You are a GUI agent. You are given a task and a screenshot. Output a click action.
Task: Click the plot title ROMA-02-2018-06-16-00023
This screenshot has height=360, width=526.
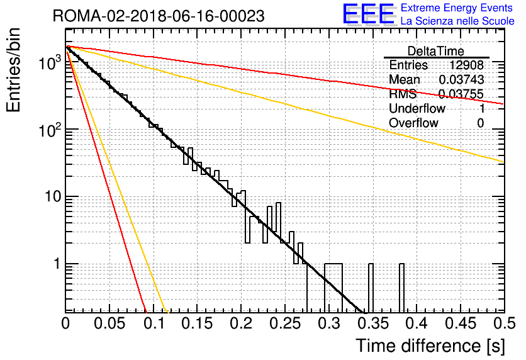tap(159, 16)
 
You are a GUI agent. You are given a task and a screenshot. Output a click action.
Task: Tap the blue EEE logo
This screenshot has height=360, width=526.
tap(369, 14)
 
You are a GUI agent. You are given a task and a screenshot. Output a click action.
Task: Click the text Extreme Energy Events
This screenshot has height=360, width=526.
tap(457, 8)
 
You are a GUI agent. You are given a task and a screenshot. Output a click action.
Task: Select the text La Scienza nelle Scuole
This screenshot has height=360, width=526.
tap(457, 21)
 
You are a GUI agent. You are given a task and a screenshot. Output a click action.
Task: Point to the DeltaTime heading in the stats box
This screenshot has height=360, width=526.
tap(435, 51)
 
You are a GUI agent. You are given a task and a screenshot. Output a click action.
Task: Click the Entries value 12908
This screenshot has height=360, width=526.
tap(467, 65)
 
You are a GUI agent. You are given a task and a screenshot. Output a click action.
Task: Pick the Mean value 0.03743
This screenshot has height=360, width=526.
tap(461, 79)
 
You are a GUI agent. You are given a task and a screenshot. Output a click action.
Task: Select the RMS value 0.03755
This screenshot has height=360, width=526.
tap(461, 94)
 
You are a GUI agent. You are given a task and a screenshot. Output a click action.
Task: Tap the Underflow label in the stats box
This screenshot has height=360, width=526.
tap(417, 108)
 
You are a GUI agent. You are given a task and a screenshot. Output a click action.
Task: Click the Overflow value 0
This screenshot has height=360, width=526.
tap(480, 123)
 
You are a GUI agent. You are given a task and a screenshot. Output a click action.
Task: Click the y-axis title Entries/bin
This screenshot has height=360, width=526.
tap(13, 70)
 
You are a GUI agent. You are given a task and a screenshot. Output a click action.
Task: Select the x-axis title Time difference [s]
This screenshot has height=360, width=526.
tap(430, 346)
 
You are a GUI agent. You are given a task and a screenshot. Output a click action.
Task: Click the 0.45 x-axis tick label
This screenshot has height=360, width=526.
tap(461, 323)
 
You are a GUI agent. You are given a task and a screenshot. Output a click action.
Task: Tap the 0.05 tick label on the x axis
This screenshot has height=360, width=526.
tap(109, 323)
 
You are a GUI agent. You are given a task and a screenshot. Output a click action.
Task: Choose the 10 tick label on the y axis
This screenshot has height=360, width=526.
tap(53, 196)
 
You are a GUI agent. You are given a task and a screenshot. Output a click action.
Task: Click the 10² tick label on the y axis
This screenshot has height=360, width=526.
tap(50, 130)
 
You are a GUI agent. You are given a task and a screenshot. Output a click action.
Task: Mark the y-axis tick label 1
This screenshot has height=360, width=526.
tap(57, 264)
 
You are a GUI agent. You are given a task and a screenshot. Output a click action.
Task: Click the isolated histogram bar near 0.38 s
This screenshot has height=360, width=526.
tap(401, 288)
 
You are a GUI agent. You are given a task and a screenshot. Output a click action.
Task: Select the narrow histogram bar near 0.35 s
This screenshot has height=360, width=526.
tap(371, 288)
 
